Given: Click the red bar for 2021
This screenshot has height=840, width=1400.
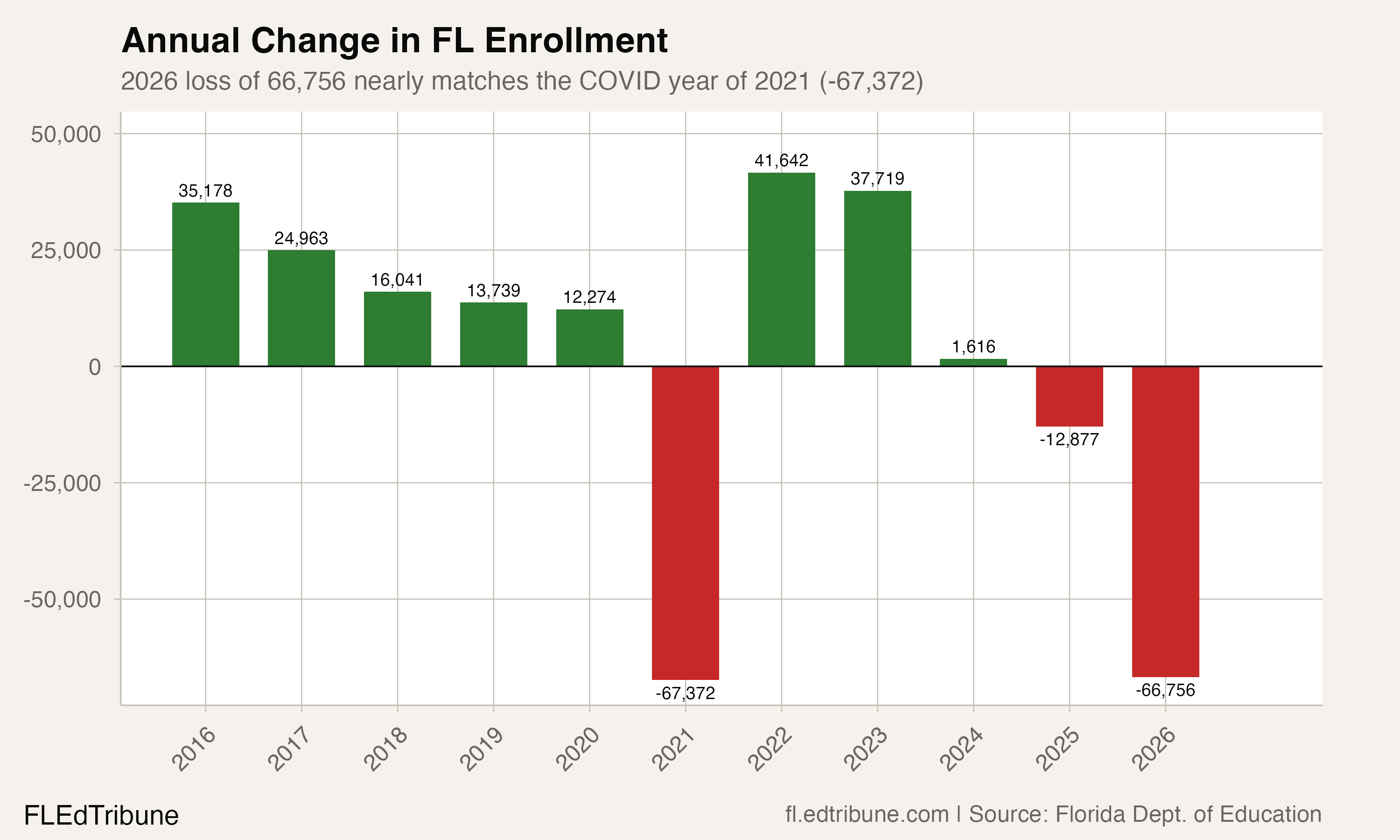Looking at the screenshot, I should [685, 523].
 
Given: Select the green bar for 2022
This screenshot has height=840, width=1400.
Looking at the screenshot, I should [782, 269].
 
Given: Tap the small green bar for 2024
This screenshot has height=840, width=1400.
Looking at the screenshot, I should [973, 362].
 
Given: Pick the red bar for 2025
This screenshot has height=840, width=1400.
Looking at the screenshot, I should [1069, 396].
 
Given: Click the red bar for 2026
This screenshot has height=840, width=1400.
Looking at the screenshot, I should [1165, 521].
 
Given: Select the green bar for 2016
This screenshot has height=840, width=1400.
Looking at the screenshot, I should [205, 284].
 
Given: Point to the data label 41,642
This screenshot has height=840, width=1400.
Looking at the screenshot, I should [782, 161].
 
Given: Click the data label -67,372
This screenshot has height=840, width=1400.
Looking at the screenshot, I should [685, 693].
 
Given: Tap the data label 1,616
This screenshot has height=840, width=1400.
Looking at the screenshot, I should [973, 346].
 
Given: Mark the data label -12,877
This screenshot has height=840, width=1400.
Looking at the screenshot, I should [1069, 440].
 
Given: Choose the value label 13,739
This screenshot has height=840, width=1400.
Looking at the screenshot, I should [493, 291].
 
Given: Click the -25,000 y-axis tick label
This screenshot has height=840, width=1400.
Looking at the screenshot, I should [62, 483].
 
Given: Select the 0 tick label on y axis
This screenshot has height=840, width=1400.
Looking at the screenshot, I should [95, 367].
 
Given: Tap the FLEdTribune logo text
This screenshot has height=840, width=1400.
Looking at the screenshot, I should [101, 816].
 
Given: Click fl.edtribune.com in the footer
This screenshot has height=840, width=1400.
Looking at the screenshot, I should [867, 814].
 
